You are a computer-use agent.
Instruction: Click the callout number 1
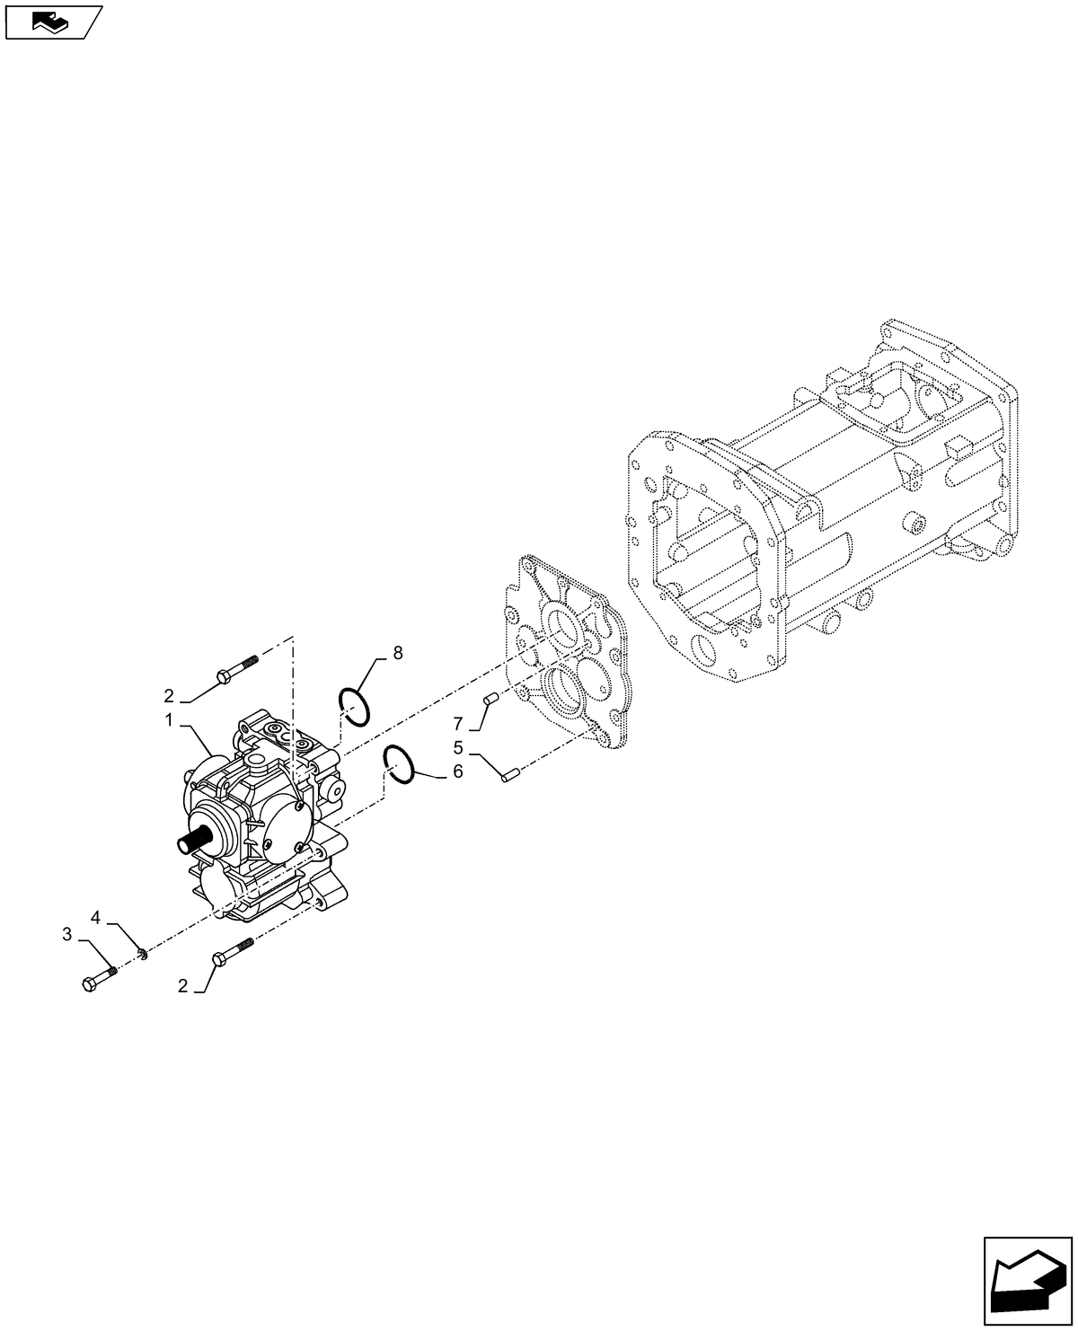(x=168, y=720)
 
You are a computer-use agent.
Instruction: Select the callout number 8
(x=397, y=653)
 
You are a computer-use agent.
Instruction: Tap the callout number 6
(x=457, y=771)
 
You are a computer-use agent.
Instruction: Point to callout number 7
(x=458, y=723)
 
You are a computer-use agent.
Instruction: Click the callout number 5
(x=458, y=747)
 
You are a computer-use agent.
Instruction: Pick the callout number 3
(x=67, y=935)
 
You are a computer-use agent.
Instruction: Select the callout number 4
(x=95, y=917)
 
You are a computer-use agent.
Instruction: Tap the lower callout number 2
(x=183, y=986)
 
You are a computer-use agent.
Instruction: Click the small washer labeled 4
(x=142, y=952)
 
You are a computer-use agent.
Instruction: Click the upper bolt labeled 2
(x=236, y=667)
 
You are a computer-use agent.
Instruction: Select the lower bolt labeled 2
(x=233, y=952)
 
